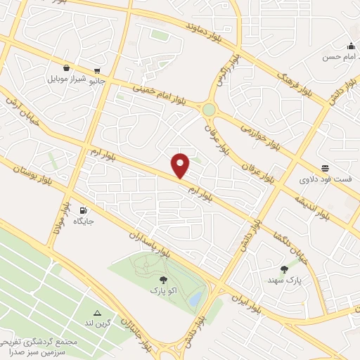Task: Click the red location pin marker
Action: pos(181,165)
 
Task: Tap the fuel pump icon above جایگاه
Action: pos(84,210)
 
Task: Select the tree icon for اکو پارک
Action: pos(163,280)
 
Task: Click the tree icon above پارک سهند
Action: pos(284,269)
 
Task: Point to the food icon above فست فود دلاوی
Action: pos(325,168)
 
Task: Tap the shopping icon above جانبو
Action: pos(97,71)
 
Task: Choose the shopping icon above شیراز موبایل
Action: pos(66,68)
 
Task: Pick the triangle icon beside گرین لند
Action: pos(97,313)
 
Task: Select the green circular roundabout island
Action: pos(209,110)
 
